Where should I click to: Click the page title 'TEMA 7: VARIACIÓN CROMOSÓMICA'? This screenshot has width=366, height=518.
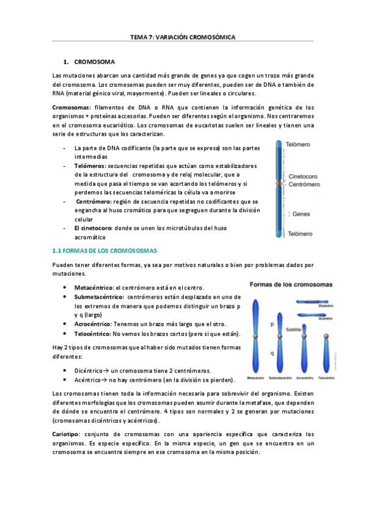click(x=183, y=37)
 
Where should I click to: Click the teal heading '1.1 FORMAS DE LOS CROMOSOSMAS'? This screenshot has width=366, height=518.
click(x=105, y=250)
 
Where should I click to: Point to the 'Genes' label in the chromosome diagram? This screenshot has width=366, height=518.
click(x=301, y=214)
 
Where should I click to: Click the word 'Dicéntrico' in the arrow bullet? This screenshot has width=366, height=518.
click(x=87, y=371)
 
